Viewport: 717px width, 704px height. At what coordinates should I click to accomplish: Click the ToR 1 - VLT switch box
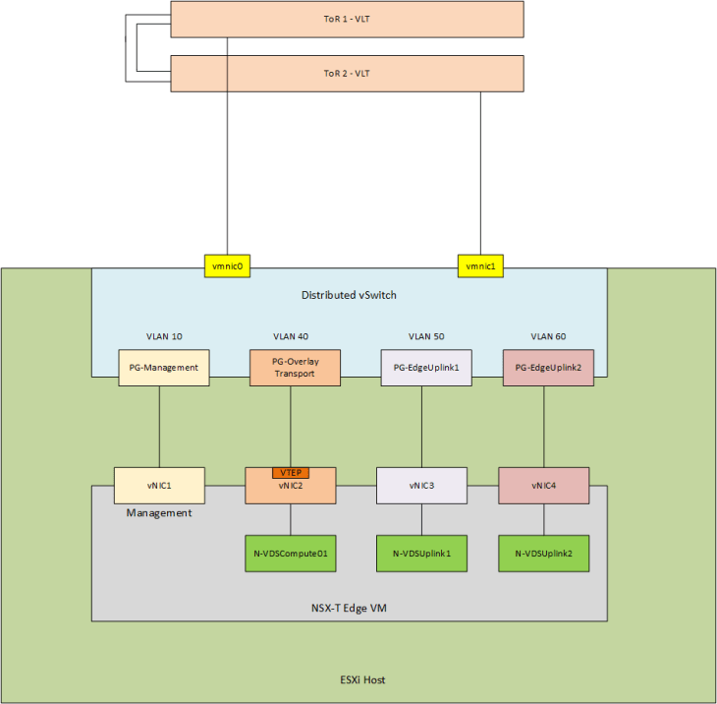347,19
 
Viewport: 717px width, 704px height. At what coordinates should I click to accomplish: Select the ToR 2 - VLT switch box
347,74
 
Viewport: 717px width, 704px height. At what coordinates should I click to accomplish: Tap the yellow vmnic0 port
228,265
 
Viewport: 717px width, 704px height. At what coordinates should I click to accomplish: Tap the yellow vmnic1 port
480,265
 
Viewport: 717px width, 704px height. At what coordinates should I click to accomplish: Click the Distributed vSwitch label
349,295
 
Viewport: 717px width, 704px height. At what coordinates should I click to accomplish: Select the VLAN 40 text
291,336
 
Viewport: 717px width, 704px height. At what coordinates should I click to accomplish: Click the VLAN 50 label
420,336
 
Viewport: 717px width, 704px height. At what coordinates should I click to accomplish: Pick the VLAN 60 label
547,336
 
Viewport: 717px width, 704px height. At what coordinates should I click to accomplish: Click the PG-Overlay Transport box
292,368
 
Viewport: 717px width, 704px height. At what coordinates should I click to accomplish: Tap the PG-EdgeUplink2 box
547,368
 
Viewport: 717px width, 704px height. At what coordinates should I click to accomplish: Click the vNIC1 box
159,485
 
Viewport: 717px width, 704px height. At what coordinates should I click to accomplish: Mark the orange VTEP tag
290,472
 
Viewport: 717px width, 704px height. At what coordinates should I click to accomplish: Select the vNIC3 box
422,485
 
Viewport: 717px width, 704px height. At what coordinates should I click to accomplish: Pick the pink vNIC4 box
543,485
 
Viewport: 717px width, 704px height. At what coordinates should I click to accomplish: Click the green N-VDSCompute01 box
290,554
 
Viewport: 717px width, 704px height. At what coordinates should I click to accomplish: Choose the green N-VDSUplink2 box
543,554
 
